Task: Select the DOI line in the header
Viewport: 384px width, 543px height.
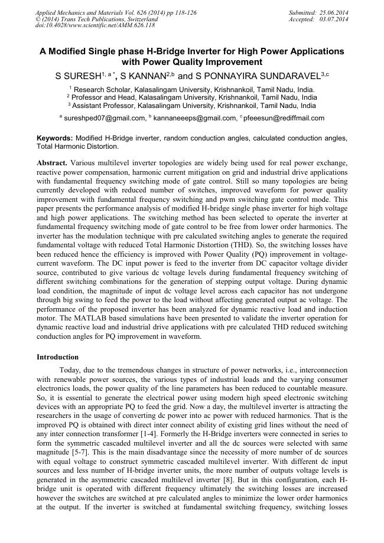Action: point(96,25)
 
